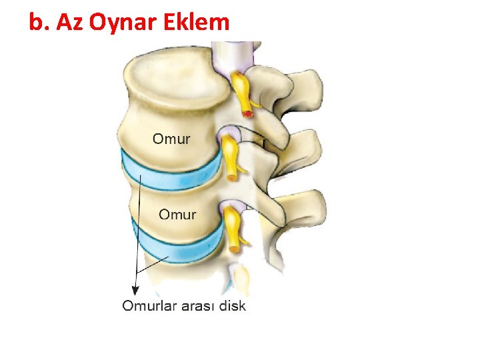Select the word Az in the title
click(x=70, y=23)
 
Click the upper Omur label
click(x=171, y=139)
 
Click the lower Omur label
click(x=177, y=215)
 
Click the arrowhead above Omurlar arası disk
click(x=135, y=289)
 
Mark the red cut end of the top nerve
click(x=249, y=114)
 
